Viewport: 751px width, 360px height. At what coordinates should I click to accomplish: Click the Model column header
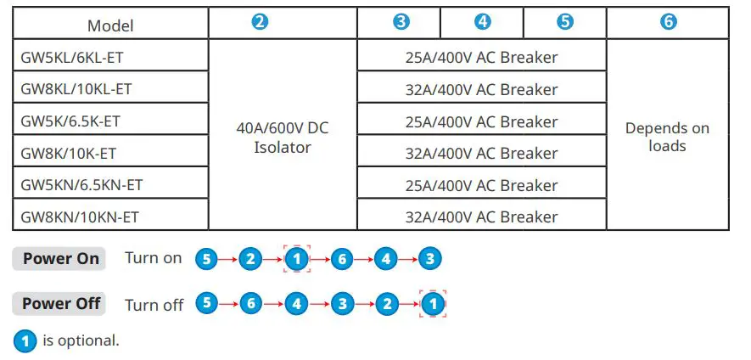click(x=110, y=25)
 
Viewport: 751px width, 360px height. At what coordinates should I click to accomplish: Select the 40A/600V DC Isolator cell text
click(x=283, y=138)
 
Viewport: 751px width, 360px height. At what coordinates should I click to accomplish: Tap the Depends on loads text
click(x=667, y=137)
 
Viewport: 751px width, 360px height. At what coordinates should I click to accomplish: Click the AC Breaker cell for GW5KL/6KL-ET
click(x=481, y=58)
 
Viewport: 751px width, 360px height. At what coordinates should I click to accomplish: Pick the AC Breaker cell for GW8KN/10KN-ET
click(x=481, y=217)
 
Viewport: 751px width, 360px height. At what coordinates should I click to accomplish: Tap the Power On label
click(x=60, y=259)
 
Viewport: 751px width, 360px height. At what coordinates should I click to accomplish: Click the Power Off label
click(x=60, y=303)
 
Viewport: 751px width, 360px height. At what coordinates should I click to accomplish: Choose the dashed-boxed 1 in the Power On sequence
click(x=297, y=259)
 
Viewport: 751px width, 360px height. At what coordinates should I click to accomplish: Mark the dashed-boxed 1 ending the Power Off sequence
click(x=433, y=303)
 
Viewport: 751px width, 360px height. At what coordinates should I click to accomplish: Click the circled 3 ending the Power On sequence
click(x=430, y=259)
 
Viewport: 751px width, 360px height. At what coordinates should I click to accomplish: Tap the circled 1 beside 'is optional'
click(x=25, y=341)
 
